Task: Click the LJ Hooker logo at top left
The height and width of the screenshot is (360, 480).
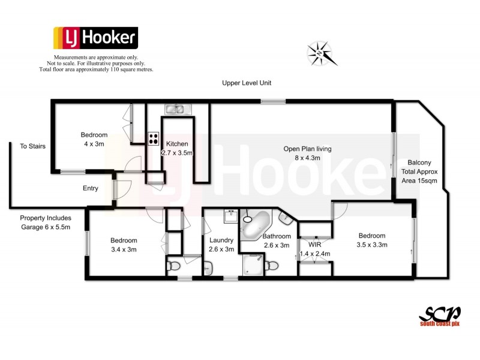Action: coord(95,38)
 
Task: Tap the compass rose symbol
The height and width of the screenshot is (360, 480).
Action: coord(322,53)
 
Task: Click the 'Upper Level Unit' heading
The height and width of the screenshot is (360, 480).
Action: coord(247,83)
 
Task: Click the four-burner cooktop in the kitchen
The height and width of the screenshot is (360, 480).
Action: coord(153,139)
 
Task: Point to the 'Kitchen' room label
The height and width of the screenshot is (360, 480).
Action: coord(177,144)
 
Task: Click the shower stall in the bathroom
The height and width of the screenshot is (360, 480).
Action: coord(253,265)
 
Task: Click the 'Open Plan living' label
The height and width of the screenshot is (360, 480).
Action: coord(308,149)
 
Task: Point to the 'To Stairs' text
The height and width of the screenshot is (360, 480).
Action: coord(33,146)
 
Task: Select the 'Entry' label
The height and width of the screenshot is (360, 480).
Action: coord(91,188)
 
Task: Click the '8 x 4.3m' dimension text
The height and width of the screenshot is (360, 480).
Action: coord(307,158)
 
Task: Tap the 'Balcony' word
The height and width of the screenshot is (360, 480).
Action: coord(419,163)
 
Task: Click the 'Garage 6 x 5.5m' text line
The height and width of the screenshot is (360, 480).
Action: coord(46,227)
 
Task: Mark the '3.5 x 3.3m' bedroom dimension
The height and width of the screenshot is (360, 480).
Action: coord(372,245)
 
